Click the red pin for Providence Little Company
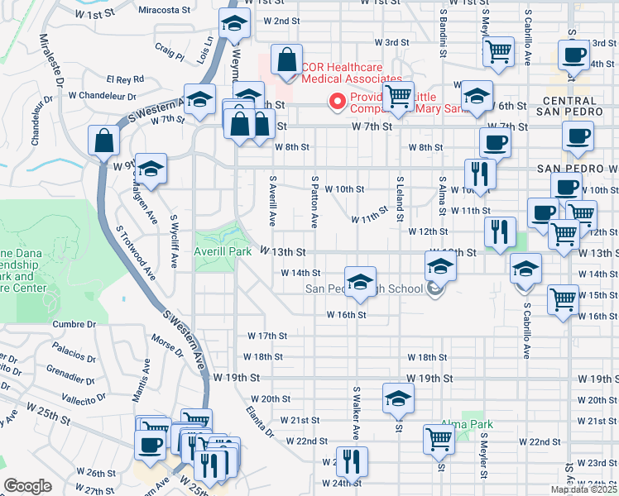point(338,103)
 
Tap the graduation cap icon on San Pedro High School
point(360,282)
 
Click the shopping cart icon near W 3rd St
point(498,51)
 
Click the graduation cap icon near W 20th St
point(398,398)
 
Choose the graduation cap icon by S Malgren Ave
point(151,169)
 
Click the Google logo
point(27,486)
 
